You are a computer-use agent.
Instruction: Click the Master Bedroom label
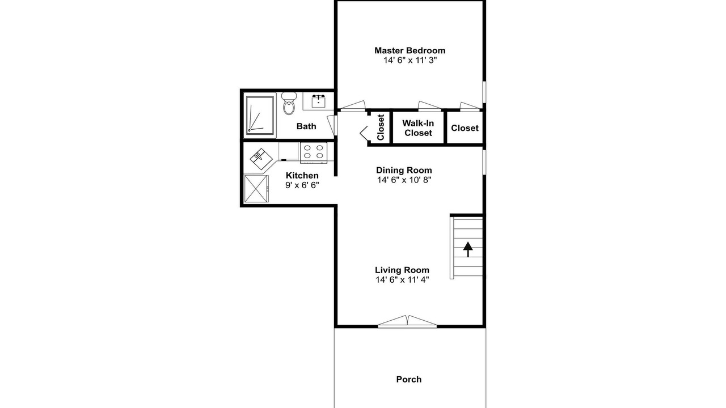(x=410, y=50)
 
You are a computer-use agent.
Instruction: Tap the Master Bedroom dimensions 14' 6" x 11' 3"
(x=410, y=60)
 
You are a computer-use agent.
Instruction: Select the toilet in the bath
(x=289, y=103)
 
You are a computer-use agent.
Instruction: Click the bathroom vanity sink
(x=319, y=101)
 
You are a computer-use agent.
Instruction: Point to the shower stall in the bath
(x=260, y=115)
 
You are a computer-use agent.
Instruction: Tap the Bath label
(x=306, y=126)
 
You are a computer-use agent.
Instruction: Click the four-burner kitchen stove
(x=314, y=152)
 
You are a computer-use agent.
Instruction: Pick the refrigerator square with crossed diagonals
(x=256, y=189)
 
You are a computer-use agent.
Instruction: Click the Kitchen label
(x=302, y=176)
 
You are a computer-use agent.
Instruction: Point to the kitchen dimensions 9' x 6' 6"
(x=302, y=185)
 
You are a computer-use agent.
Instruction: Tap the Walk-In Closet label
(x=418, y=128)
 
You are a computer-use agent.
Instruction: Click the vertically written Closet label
(x=381, y=127)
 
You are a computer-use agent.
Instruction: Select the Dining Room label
(x=404, y=171)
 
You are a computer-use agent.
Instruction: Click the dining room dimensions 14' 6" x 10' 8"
(x=404, y=180)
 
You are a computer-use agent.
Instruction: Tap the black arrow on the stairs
(x=468, y=249)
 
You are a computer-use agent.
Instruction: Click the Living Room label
(x=402, y=270)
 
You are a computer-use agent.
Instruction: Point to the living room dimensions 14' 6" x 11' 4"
(x=402, y=280)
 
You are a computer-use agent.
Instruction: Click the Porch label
(x=409, y=380)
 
